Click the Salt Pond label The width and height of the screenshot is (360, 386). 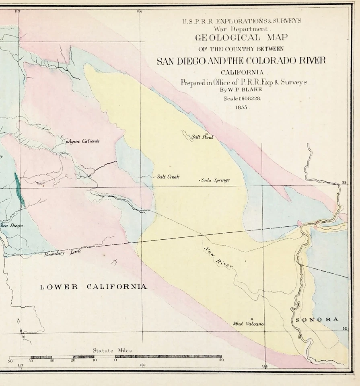202,137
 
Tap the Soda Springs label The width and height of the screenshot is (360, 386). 215,180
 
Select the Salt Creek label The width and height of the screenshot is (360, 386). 168,177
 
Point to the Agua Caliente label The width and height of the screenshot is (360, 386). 84,141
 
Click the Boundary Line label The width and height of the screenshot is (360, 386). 63,253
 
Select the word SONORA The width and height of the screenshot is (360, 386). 317,320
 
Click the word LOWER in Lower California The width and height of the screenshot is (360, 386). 59,287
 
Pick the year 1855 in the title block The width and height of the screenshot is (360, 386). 243,107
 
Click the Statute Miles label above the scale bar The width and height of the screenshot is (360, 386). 112,350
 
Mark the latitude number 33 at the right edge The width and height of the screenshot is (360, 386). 344,183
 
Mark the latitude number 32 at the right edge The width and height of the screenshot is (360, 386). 344,329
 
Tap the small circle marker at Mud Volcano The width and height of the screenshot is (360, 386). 252,319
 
